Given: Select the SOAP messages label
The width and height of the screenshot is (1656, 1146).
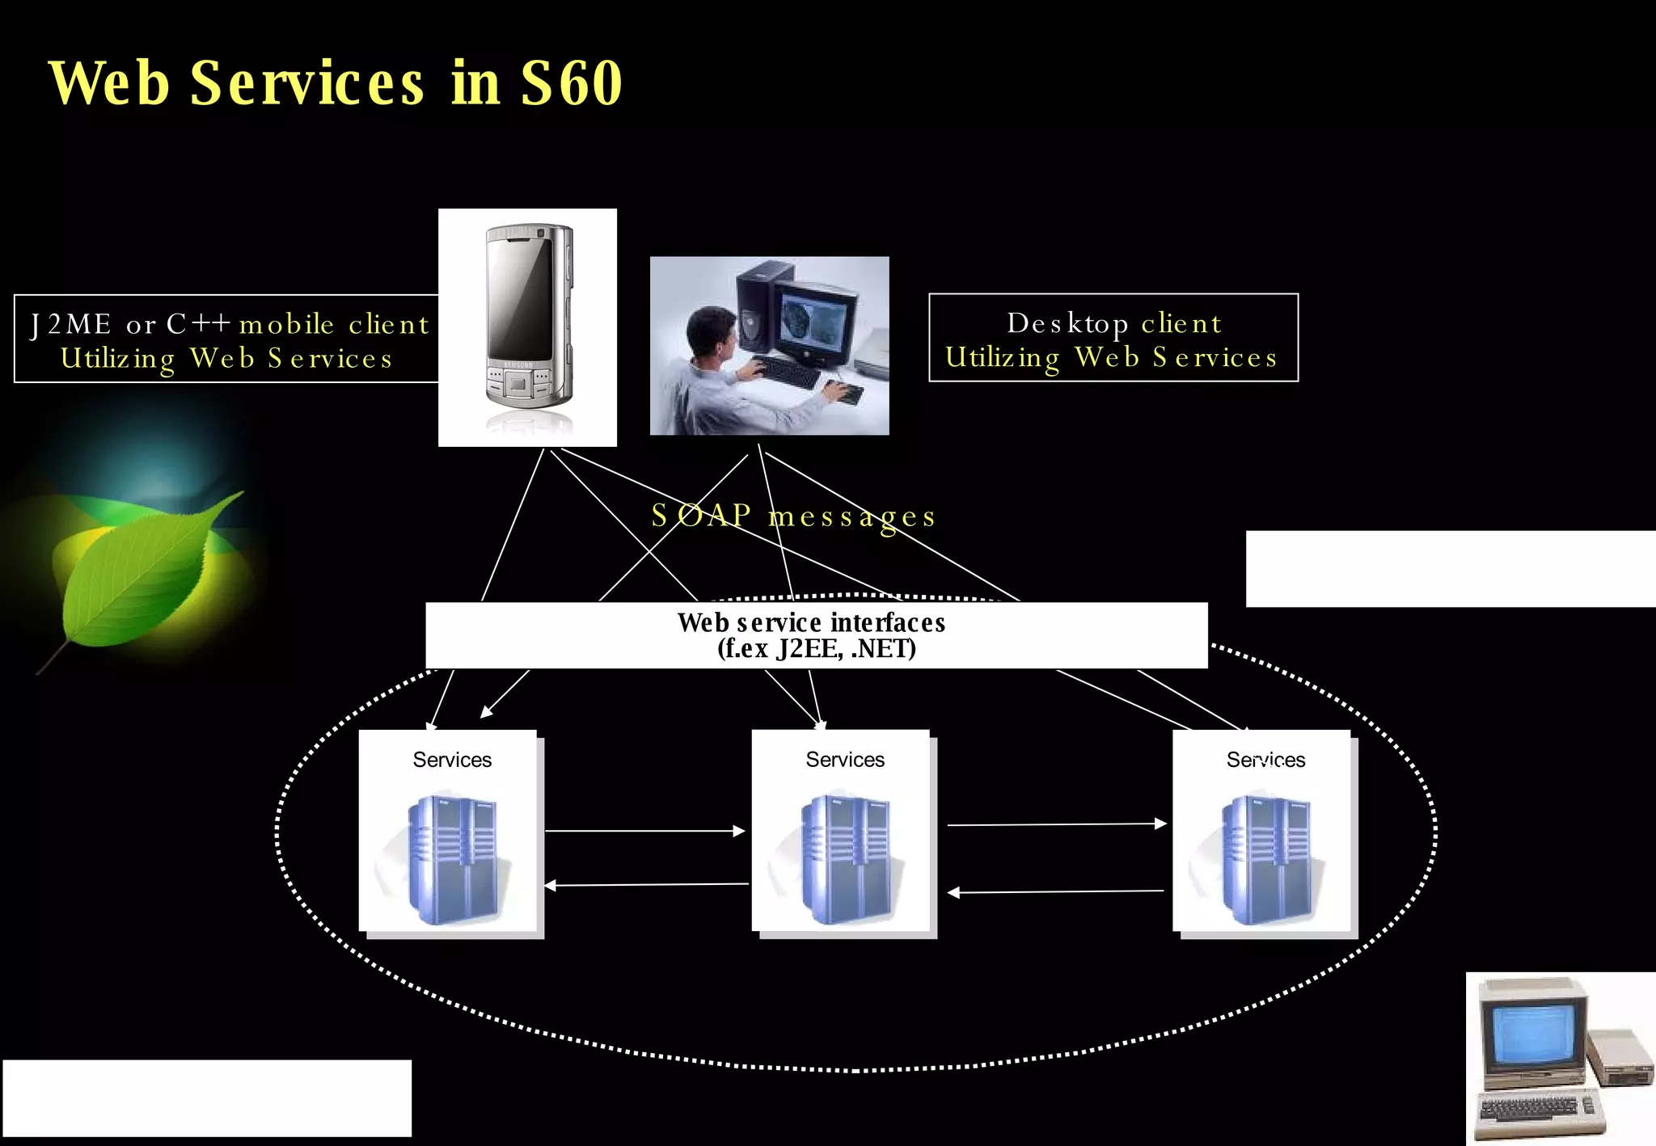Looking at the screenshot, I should [x=793, y=516].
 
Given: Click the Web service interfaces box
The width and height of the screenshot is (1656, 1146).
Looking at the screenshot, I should [x=816, y=635].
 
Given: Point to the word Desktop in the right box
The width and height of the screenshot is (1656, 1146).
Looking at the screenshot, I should [x=1067, y=323].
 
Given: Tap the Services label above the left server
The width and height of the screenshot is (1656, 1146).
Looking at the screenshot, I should [x=452, y=760].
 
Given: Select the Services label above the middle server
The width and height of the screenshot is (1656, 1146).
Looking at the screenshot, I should [x=845, y=760].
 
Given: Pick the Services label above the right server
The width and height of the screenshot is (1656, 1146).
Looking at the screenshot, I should [x=1265, y=760].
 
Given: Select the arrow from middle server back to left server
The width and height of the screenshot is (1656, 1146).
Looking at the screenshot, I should [x=647, y=885].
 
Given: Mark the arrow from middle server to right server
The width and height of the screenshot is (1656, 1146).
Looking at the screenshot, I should [x=1056, y=824].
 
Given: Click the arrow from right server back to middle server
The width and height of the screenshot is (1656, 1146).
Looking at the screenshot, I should [x=1056, y=892].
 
